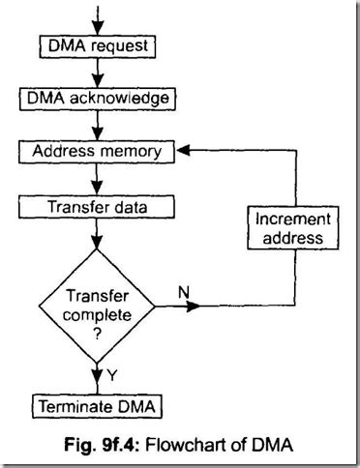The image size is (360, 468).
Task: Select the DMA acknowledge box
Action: [x=100, y=98]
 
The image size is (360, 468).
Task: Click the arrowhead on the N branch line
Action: [x=197, y=307]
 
